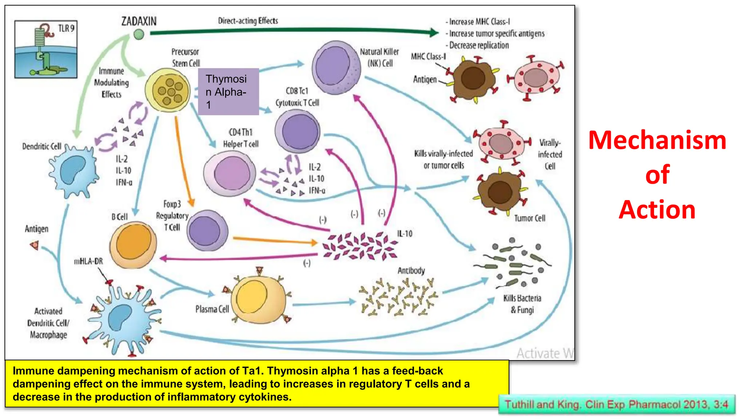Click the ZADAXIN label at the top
coord(139,21)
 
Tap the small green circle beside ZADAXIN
coord(139,35)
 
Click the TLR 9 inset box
coord(46,49)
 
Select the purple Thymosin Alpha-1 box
coord(228,92)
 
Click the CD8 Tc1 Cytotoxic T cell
coord(298,132)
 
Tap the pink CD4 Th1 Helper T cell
coord(230,173)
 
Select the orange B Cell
coord(134,245)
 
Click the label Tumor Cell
coord(530,218)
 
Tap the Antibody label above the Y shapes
coord(411,271)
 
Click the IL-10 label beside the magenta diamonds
coord(405,234)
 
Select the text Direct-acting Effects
coord(248,21)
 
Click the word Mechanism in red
coord(657,140)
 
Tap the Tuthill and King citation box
coord(617,404)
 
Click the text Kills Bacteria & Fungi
coord(522,304)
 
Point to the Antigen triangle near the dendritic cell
coord(35,246)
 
